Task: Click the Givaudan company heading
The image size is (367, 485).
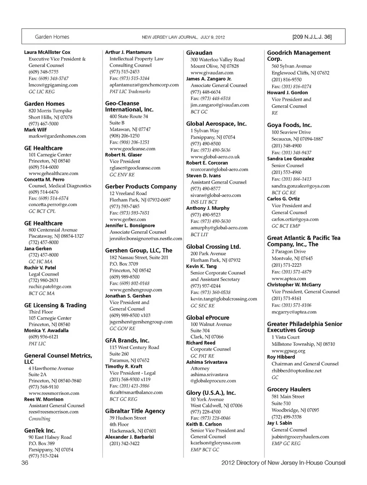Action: pyautogui.click(x=199, y=53)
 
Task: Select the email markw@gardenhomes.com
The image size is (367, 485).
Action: pyautogui.click(x=57, y=136)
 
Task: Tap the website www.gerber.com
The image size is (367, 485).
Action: pyautogui.click(x=128, y=219)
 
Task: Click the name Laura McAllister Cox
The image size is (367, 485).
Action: pyautogui.click(x=47, y=52)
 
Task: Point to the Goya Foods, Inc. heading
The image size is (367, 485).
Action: pyautogui.click(x=289, y=125)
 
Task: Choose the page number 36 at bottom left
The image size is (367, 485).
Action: pyautogui.click(x=25, y=463)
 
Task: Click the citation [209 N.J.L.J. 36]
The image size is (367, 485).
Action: pyautogui.click(x=312, y=37)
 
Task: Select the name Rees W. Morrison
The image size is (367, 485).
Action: pyautogui.click(x=44, y=399)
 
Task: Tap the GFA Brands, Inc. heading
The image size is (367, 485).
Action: pyautogui.click(x=127, y=340)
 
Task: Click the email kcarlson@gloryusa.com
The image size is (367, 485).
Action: pyautogui.click(x=216, y=443)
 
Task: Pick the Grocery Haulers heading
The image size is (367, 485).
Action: pyautogui.click(x=289, y=389)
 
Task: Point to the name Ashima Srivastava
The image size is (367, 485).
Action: pyautogui.click(x=206, y=362)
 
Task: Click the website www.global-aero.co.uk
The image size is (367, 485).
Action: pyautogui.click(x=215, y=157)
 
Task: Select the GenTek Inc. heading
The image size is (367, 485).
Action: pyautogui.click(x=40, y=431)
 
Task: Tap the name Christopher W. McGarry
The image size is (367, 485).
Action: pyautogui.click(x=294, y=285)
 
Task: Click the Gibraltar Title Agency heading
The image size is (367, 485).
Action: pyautogui.click(x=135, y=411)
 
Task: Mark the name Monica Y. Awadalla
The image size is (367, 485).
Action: pyautogui.click(x=46, y=331)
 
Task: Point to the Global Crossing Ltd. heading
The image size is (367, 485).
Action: pyautogui.click(x=213, y=247)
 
